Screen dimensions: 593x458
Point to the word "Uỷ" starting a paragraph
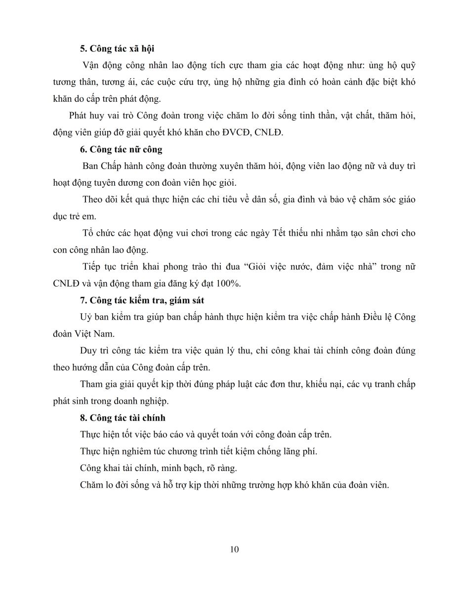[x=85, y=317]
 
